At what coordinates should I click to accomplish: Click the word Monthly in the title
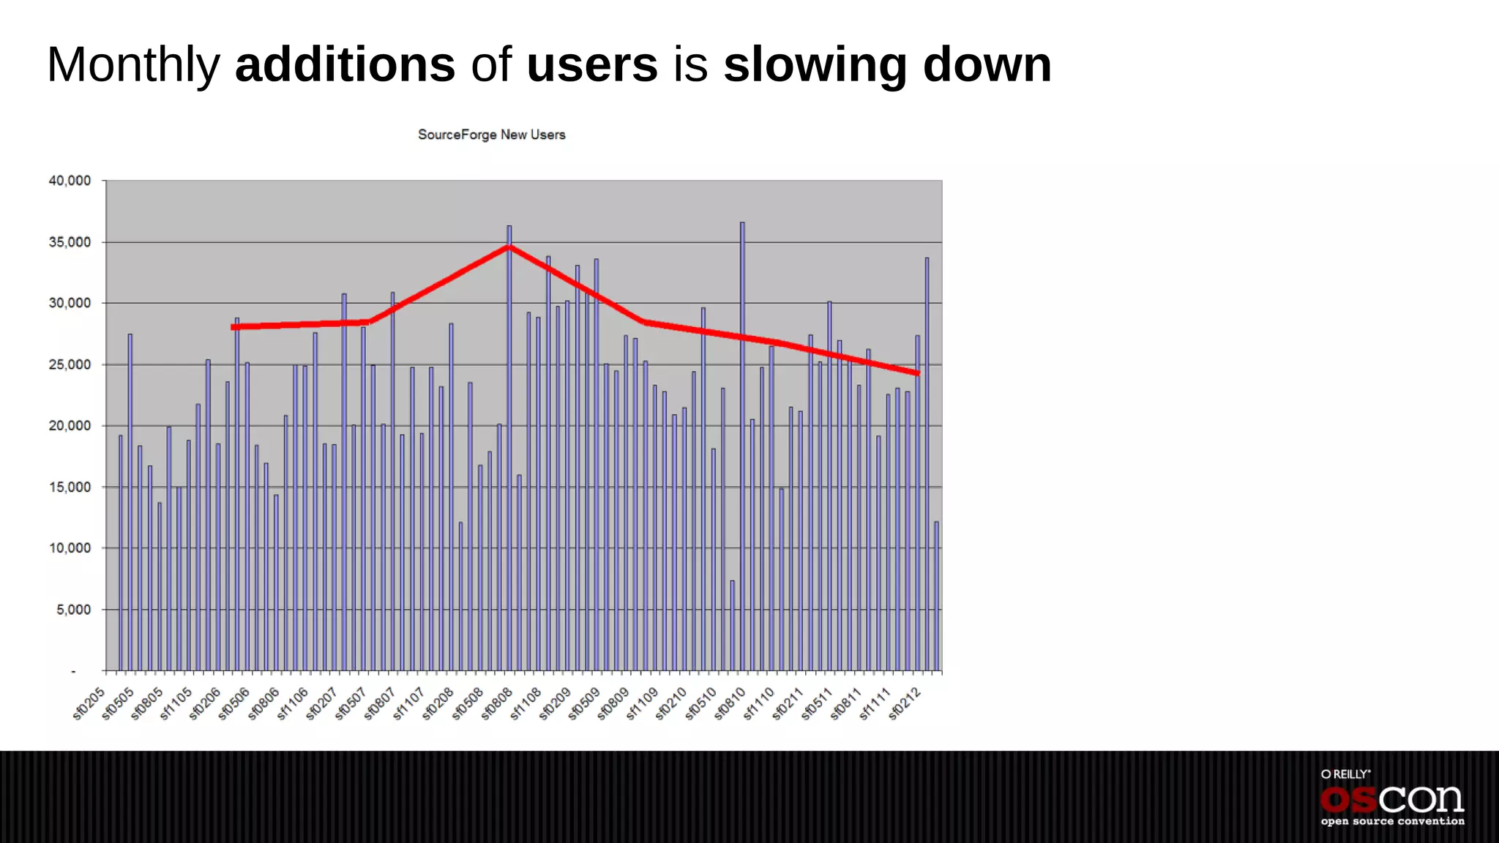tap(133, 66)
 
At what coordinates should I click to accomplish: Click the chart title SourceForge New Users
tap(491, 135)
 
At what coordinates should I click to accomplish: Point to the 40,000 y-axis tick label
tap(70, 181)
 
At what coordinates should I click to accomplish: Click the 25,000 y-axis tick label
tap(70, 364)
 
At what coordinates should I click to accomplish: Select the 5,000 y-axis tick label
tap(73, 610)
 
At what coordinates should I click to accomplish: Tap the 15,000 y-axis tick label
tap(70, 487)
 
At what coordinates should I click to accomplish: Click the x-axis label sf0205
tap(89, 704)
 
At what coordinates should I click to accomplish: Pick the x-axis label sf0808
tap(497, 704)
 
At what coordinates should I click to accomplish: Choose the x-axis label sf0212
tap(905, 704)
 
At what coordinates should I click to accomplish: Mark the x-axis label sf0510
tap(700, 704)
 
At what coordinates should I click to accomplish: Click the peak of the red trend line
tap(509, 247)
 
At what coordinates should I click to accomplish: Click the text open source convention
tap(1392, 822)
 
